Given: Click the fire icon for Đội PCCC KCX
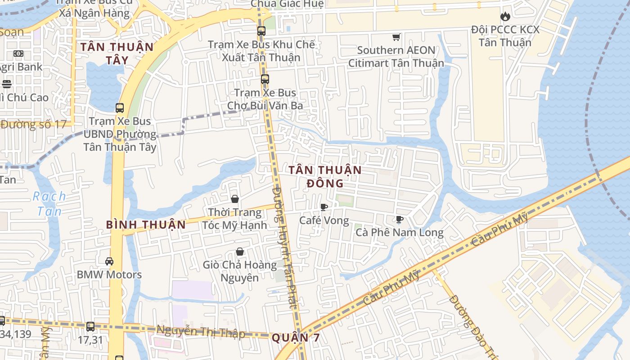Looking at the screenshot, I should click(x=505, y=17).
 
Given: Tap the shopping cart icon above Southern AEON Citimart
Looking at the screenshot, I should click(x=396, y=37).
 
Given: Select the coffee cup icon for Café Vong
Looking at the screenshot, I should click(x=324, y=207).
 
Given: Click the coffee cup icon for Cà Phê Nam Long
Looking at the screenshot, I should click(x=399, y=219).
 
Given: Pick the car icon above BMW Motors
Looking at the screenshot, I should click(x=109, y=261).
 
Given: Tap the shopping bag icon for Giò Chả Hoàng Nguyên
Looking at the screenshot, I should click(x=240, y=252).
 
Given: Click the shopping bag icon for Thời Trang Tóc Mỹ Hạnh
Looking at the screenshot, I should click(x=234, y=199).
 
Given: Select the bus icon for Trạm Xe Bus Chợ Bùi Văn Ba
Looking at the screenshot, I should click(x=265, y=79).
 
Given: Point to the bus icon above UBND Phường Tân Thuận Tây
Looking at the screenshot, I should click(x=119, y=108).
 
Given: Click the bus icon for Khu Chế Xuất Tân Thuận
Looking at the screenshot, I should click(x=261, y=31).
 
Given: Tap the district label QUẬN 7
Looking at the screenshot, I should click(x=296, y=337).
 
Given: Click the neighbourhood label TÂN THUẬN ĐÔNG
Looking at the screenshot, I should click(x=325, y=176).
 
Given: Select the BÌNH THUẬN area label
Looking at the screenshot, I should click(x=146, y=225).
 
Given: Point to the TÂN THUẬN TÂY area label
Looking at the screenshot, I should click(x=117, y=53).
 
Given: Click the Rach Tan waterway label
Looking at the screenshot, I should click(x=49, y=203).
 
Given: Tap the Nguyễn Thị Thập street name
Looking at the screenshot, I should click(x=201, y=332).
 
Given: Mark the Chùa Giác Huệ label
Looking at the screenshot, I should click(x=287, y=4).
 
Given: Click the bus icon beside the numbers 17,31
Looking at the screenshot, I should click(x=90, y=327).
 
